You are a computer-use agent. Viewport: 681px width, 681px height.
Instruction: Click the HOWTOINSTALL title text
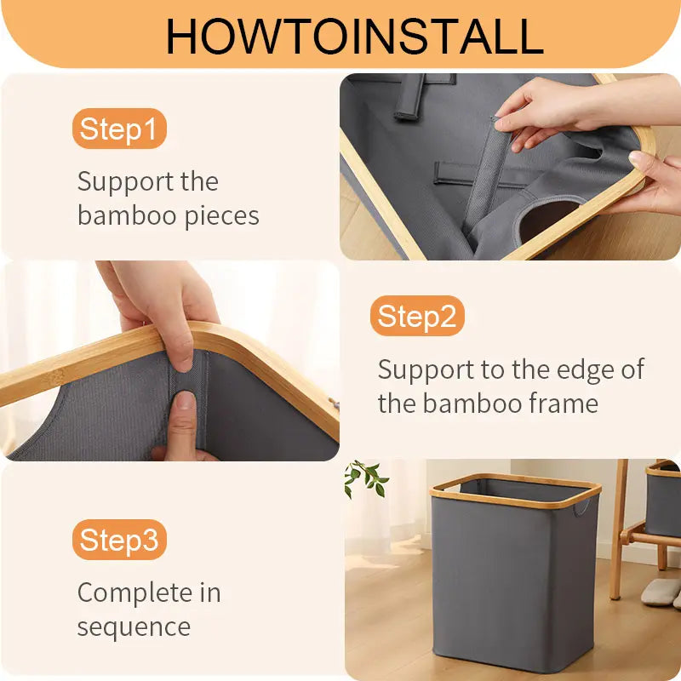click(353, 35)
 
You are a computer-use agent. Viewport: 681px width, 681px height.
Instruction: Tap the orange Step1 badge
click(118, 129)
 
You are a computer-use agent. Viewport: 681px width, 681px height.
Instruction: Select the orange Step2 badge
click(417, 317)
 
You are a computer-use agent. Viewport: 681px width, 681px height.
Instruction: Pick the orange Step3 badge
click(118, 540)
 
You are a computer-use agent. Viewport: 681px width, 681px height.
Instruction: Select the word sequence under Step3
click(134, 627)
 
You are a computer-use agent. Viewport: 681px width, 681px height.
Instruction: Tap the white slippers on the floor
click(661, 592)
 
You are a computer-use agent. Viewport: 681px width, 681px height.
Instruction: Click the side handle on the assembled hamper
click(581, 507)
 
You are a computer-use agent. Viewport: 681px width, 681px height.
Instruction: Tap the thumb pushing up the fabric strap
click(183, 426)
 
